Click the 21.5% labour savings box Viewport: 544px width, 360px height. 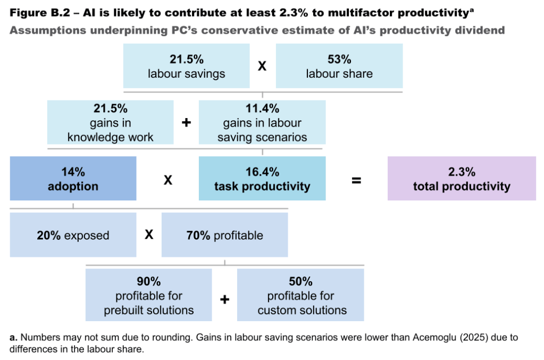click(186, 66)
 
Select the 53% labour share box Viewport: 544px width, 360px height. click(339, 66)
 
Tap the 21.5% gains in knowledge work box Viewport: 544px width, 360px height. click(110, 122)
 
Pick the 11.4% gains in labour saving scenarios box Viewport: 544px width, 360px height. click(262, 122)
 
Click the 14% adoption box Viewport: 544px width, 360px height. click(73, 179)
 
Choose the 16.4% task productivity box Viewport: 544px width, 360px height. click(262, 179)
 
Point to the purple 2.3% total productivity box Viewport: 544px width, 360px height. click(461, 179)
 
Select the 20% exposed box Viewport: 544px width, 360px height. click(73, 235)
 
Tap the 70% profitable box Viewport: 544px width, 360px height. click(224, 235)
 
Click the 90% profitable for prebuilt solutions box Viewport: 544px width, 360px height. click(148, 295)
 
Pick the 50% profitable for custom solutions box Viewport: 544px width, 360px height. click(300, 295)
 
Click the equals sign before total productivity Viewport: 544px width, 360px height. click(356, 180)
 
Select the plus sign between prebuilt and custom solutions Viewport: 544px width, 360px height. click(224, 299)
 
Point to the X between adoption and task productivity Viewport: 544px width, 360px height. click(168, 180)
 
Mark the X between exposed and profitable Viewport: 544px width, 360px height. click(149, 235)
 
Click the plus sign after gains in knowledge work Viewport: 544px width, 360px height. click(186, 123)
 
